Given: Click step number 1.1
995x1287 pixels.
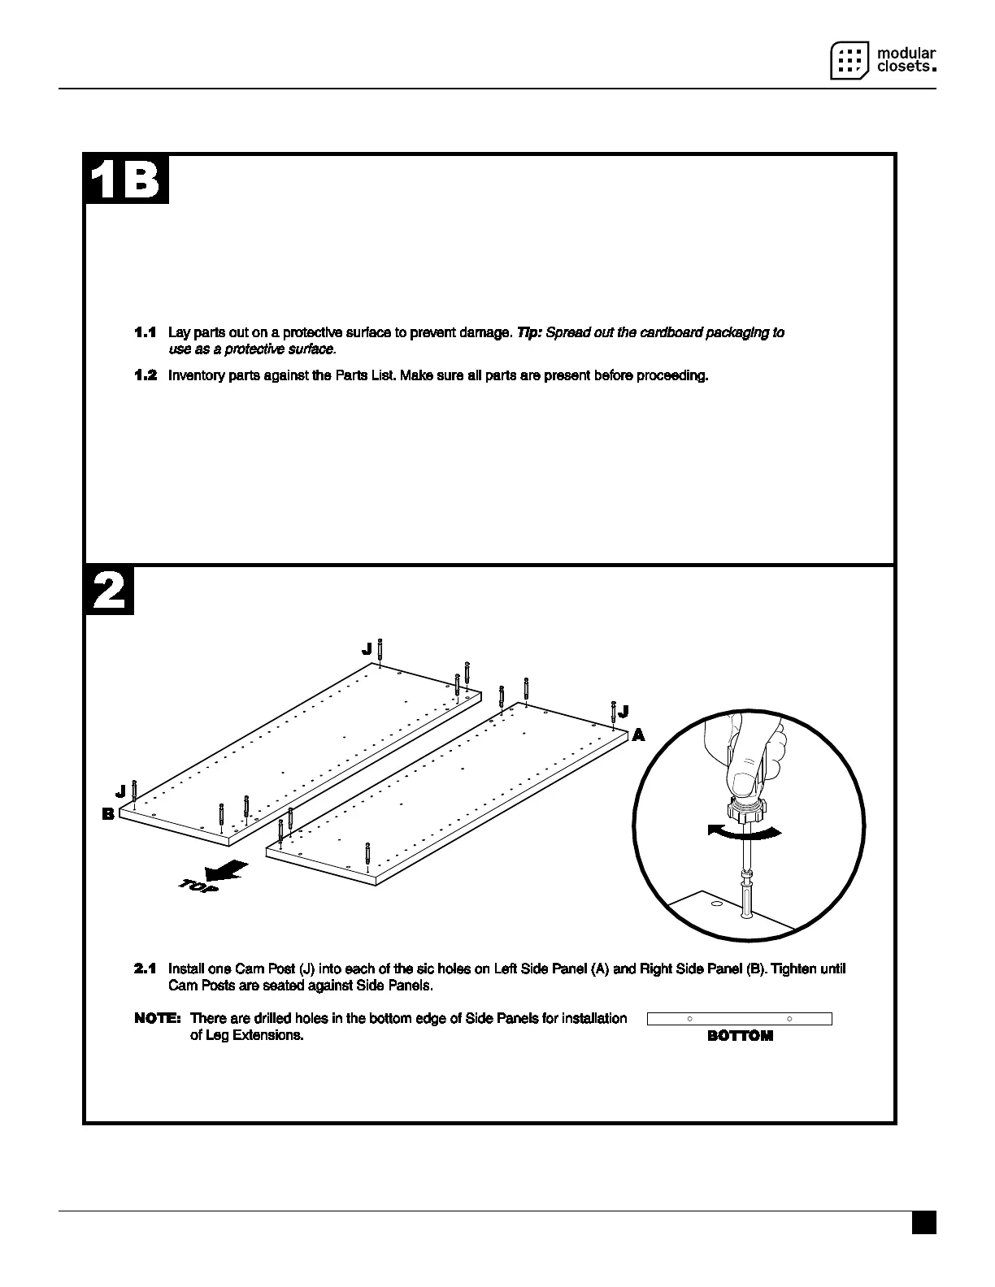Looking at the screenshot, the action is coord(146,333).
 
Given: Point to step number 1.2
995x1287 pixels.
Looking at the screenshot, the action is coord(146,375).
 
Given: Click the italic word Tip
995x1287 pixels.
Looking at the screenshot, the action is coord(529,333).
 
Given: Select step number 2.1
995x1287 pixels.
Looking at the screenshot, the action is coord(146,968).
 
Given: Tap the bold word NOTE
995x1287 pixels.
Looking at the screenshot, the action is coord(157,1018).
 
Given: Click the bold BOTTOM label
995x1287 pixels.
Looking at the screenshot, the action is coord(740,1036).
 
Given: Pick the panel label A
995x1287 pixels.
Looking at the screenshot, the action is coord(638,735).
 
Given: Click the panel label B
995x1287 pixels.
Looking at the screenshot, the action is coord(107,813).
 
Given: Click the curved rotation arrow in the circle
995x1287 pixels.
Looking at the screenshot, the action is coord(745,831).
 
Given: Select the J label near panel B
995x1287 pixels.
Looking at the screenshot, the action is coord(120,790).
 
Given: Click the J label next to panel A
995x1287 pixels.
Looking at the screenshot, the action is coord(624,713).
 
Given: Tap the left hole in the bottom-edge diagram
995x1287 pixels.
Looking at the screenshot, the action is coord(689,1019).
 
